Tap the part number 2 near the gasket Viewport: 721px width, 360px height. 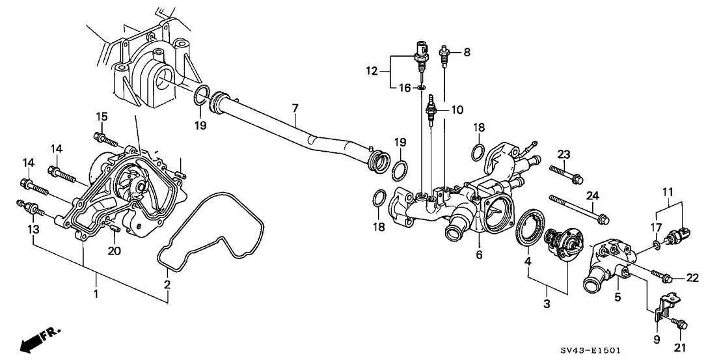pyautogui.click(x=167, y=284)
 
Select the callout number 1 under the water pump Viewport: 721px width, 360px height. pyautogui.click(x=96, y=296)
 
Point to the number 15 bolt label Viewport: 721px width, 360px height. pyautogui.click(x=102, y=117)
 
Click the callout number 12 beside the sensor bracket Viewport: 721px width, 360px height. pyautogui.click(x=372, y=70)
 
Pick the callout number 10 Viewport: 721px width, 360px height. pyautogui.click(x=457, y=109)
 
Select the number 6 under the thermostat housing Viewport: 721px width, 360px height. pyautogui.click(x=478, y=255)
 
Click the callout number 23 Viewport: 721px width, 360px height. pyautogui.click(x=564, y=154)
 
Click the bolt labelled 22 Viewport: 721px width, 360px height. pyautogui.click(x=663, y=277)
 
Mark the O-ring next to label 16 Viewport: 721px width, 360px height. pyautogui.click(x=422, y=86)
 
